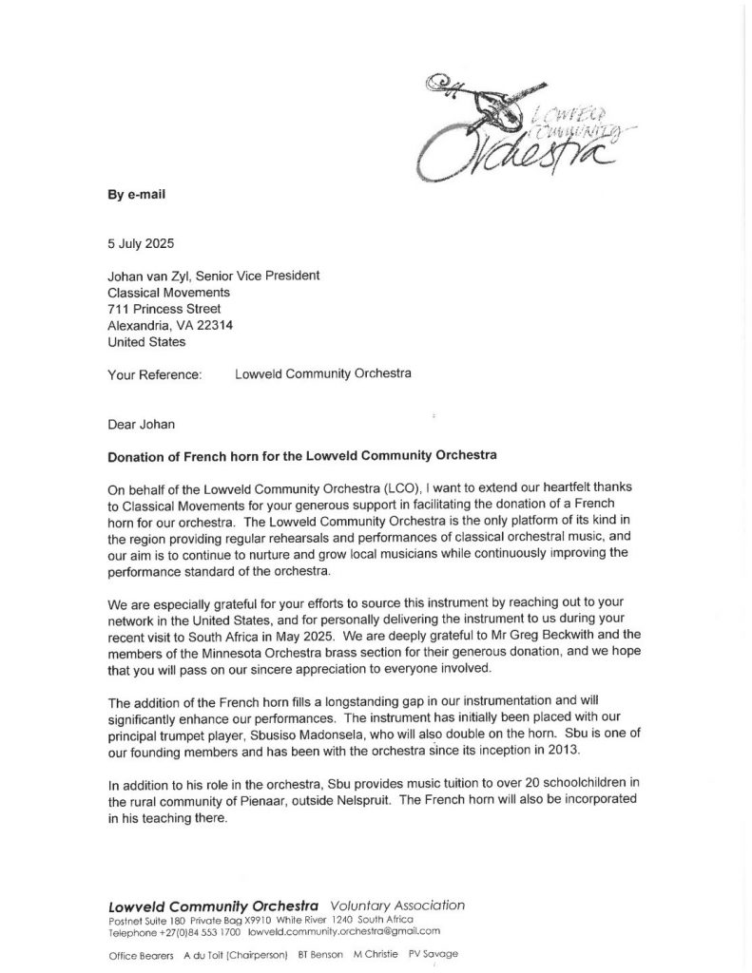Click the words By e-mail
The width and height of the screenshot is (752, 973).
[136, 194]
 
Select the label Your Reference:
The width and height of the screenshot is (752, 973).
[155, 374]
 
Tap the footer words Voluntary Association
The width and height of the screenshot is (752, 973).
[398, 905]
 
